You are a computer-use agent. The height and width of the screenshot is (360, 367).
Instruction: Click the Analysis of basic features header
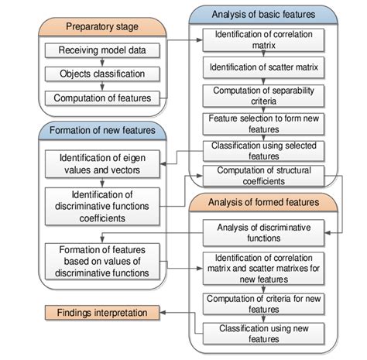coord(265,14)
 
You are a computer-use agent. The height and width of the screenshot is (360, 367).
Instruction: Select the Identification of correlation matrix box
coord(266,39)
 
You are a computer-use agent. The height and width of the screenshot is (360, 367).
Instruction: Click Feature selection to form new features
coord(266,123)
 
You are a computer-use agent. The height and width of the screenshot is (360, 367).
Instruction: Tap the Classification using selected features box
coord(266,150)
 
